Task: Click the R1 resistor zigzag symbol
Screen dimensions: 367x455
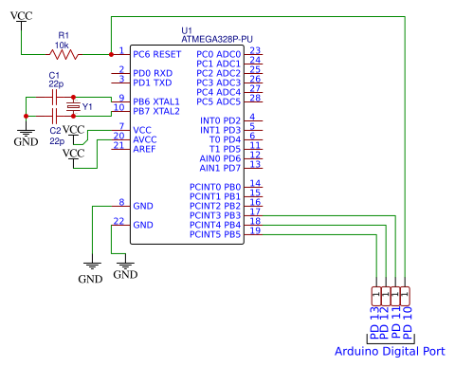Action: [x=65, y=55]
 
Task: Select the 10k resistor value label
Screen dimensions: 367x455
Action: [x=64, y=45]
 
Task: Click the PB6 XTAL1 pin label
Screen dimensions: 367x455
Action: [x=157, y=101]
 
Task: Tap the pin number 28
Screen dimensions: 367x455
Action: [x=256, y=97]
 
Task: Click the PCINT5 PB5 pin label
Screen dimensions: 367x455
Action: [x=215, y=234]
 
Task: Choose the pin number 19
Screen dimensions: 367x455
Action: [x=256, y=230]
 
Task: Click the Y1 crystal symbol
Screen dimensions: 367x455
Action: [x=72, y=106]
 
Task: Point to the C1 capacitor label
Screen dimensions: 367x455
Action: [x=53, y=74]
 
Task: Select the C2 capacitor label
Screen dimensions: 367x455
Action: [x=54, y=129]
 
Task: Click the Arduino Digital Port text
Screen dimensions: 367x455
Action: [x=390, y=351]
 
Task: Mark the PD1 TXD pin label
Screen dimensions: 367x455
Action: [x=153, y=83]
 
